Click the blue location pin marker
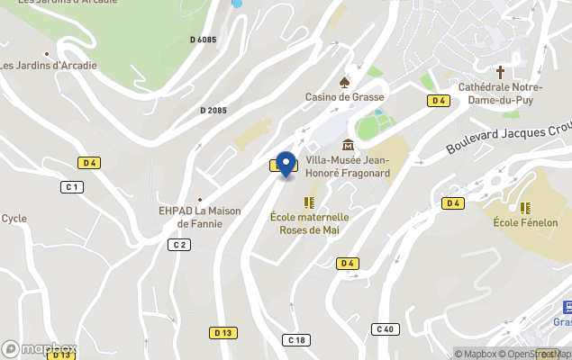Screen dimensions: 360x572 click(286, 165)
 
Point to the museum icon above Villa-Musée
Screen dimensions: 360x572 click(348, 145)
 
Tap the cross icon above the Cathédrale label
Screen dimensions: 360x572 click(501, 71)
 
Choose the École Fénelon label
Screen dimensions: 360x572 click(525, 222)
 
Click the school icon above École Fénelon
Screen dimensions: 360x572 click(525, 207)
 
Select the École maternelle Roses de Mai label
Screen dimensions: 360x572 click(309, 222)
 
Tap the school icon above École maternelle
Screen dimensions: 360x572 click(309, 202)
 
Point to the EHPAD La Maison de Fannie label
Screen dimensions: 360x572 click(199, 217)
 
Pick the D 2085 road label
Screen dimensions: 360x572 click(213, 110)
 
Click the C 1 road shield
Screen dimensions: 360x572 click(72, 187)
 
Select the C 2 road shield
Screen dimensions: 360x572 click(178, 245)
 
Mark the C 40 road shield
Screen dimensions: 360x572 click(386, 328)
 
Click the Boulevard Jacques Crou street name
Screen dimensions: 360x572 click(509, 137)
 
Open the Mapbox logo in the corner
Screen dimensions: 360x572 click(40, 348)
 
